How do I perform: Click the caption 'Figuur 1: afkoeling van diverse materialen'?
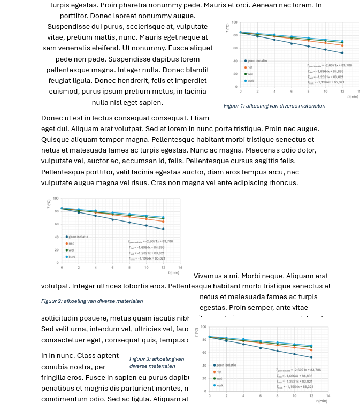coord(274,106)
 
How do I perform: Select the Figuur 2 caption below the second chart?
coord(92,301)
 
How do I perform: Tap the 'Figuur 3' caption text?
coord(156,362)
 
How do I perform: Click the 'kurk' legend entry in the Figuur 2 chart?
coord(71,257)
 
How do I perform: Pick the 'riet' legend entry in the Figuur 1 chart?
coord(250,67)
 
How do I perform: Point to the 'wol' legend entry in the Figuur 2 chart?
coord(71,250)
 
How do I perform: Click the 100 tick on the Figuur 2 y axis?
coord(56,198)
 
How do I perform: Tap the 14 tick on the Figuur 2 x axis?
coord(180,267)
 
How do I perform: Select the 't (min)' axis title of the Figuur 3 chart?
coord(321,401)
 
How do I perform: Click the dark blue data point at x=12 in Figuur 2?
coord(163,229)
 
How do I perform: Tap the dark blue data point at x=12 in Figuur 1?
coord(342,52)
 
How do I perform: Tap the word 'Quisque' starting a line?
coord(55,139)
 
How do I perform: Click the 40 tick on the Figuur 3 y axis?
coord(203,366)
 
